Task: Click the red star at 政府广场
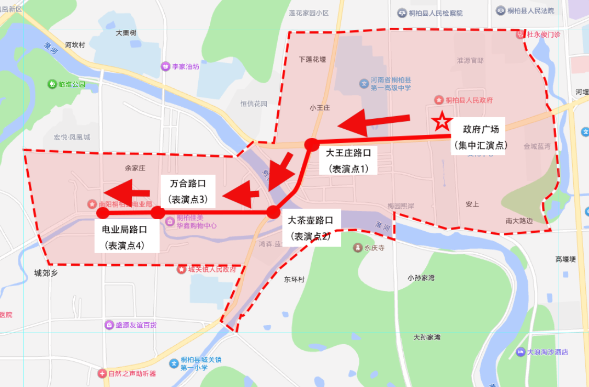point(441,122)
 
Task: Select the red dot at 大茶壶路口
point(273,212)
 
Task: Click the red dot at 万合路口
point(157,212)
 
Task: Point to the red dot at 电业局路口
point(103,213)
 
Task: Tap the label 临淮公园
point(72,84)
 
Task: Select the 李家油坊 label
point(186,67)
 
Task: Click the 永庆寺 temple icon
point(357,247)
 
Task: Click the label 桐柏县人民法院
point(532,10)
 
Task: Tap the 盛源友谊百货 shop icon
point(109,325)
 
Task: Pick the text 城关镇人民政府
point(212,269)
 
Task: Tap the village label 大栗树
point(126,32)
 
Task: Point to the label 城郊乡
point(46,272)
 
